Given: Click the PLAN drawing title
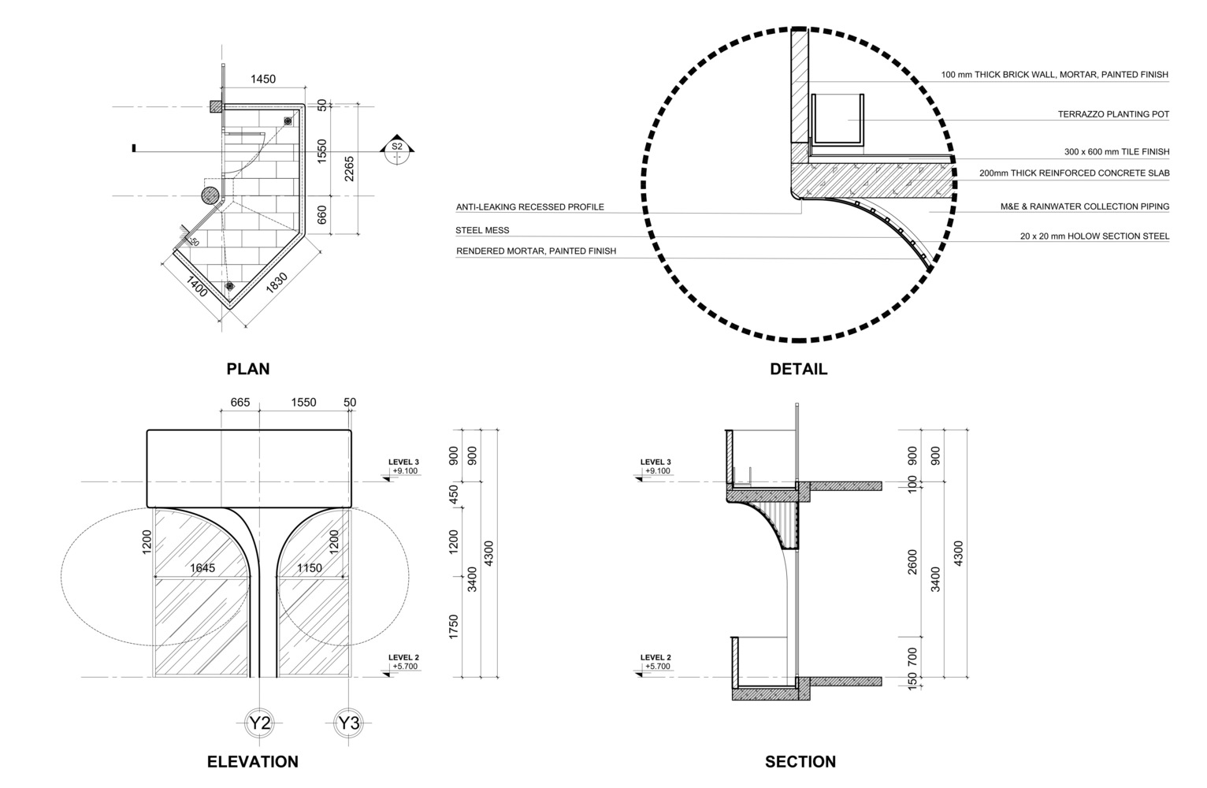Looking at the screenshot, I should tap(247, 369).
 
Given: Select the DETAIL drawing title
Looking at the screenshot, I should tap(798, 369).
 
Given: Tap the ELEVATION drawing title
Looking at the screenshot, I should tap(252, 762).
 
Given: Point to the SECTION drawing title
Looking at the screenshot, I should tap(800, 762).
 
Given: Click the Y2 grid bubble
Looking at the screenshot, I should tap(260, 723).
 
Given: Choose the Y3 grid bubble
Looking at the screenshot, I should tap(348, 723).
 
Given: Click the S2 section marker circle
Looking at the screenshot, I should tap(396, 151).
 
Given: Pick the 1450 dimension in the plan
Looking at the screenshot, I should tap(263, 79).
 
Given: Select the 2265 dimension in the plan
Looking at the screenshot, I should tap(350, 169).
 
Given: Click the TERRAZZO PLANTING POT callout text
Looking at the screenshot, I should tap(1112, 114).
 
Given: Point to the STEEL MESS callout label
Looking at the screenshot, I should tap(482, 231).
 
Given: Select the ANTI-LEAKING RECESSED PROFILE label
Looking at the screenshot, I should tap(529, 207).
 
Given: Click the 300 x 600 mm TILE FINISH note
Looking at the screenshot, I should tap(1116, 152).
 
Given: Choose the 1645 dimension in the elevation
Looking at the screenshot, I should tap(202, 567).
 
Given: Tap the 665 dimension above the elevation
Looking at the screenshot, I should tap(240, 403).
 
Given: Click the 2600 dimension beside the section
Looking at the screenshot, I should tap(912, 561).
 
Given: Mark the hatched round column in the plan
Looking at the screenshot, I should tap(210, 195).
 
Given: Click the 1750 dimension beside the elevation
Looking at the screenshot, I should tap(454, 627).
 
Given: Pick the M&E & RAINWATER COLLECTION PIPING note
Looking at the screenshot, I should tap(1084, 207).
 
